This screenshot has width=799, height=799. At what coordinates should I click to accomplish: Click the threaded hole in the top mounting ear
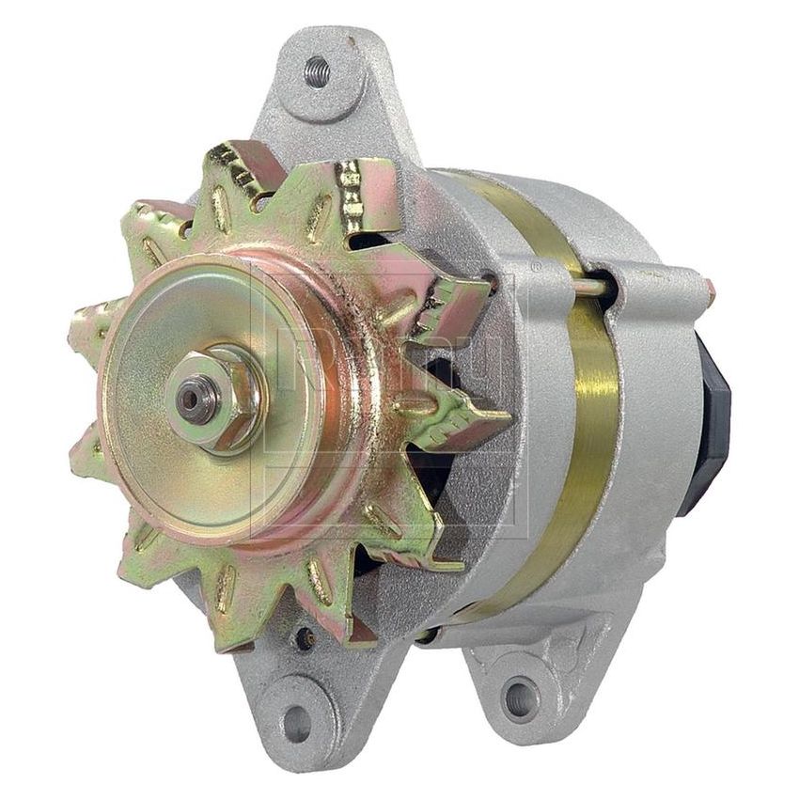point(317,71)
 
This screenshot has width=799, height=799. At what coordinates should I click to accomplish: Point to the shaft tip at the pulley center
point(194,398)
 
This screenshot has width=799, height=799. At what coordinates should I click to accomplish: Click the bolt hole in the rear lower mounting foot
point(519,697)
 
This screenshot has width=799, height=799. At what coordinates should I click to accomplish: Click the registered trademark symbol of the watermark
point(537,267)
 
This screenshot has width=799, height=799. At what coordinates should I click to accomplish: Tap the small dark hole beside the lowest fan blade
point(304,638)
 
